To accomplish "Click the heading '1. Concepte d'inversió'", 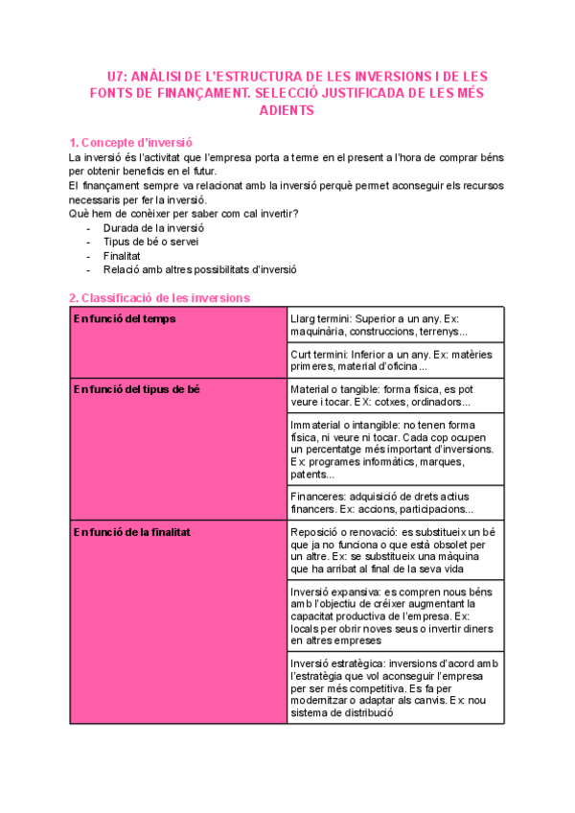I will pyautogui.click(x=132, y=142).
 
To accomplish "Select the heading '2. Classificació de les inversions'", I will pyautogui.click(x=159, y=298).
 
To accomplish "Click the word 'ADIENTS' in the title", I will pyautogui.click(x=287, y=110).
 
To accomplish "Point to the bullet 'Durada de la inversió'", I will pyautogui.click(x=153, y=228).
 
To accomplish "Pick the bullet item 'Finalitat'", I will pyautogui.click(x=122, y=256).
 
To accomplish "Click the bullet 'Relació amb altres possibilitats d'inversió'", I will pyautogui.click(x=199, y=269).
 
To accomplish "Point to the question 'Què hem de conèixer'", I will pyautogui.click(x=183, y=213).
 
